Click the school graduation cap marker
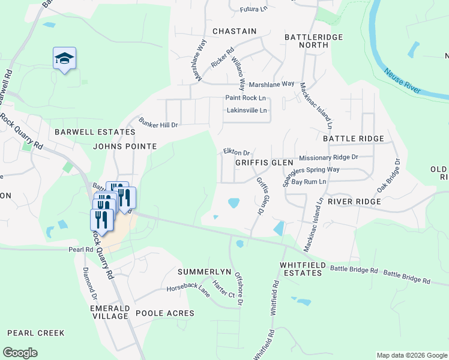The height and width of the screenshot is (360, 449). (64, 59)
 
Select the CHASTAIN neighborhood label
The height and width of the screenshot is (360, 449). (234, 31)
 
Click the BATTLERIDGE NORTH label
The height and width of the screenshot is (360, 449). (313, 42)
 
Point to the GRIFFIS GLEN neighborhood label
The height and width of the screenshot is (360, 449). (264, 163)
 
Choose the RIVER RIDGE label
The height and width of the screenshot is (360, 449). (354, 202)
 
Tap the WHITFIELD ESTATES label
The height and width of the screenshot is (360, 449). (301, 269)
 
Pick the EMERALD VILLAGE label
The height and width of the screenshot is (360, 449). (110, 312)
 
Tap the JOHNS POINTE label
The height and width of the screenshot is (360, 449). (125, 146)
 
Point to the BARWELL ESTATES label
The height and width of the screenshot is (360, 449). (95, 132)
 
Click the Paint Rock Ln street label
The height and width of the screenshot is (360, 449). (246, 98)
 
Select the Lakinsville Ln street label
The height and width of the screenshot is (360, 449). (246, 110)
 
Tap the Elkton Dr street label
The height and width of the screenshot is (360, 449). (236, 152)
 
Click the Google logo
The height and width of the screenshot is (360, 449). (20, 353)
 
